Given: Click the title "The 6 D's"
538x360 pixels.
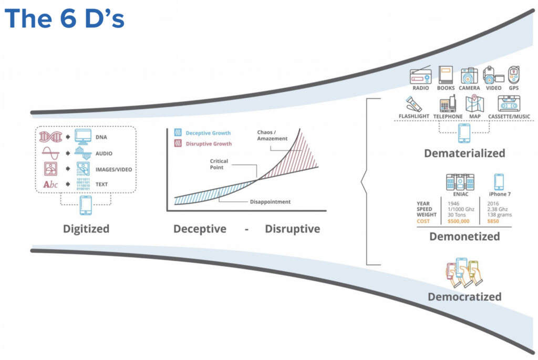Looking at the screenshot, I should (x=65, y=19).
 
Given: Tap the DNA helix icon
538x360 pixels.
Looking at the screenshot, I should (x=50, y=137).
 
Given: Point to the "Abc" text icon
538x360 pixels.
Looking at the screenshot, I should (x=50, y=185).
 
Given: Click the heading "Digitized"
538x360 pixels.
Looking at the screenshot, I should (x=86, y=229).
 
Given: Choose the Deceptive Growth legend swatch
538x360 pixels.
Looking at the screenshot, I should (x=178, y=133).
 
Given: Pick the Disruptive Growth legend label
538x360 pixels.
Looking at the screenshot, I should (x=209, y=143).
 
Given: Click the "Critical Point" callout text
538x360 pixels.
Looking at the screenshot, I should (x=219, y=165).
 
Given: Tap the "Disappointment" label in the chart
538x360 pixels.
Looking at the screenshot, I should (x=269, y=202).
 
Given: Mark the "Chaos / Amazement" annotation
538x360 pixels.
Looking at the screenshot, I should (x=272, y=135).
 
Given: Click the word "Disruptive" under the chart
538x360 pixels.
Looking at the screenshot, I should (x=292, y=229).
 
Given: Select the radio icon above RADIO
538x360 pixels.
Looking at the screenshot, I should (x=420, y=76).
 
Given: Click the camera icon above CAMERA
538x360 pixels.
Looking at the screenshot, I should (x=469, y=76).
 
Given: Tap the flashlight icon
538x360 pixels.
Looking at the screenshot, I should (x=413, y=104).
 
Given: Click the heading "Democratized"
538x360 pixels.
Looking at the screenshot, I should (x=464, y=297).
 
